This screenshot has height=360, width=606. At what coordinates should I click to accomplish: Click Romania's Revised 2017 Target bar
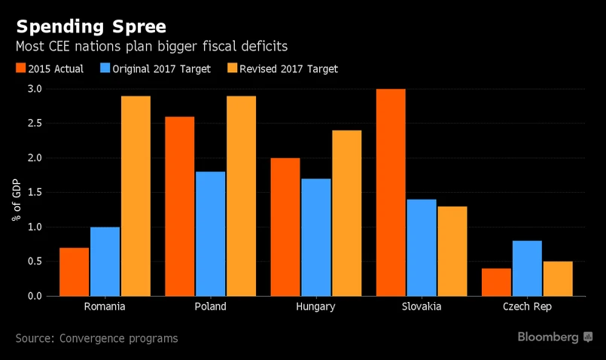[x=136, y=196]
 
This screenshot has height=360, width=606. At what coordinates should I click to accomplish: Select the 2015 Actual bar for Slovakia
[x=391, y=192]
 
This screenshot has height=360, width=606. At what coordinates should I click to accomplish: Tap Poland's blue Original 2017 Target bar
[x=210, y=233]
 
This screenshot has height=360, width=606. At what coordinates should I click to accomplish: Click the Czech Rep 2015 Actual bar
[x=496, y=282]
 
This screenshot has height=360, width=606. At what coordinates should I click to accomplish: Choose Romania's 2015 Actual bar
[x=75, y=271]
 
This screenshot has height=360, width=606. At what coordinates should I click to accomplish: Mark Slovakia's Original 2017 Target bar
[x=421, y=247]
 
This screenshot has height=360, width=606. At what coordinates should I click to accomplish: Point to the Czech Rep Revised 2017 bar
[x=557, y=279]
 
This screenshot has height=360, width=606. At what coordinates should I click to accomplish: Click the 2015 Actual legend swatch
[x=21, y=69]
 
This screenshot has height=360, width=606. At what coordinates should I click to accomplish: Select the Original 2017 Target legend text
[x=161, y=69]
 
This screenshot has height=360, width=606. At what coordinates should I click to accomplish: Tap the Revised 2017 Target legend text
[x=288, y=69]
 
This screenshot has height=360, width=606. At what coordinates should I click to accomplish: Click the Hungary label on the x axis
[x=315, y=307]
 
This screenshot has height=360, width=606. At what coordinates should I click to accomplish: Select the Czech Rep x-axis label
[x=526, y=307]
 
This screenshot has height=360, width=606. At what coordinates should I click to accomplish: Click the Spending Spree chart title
[x=90, y=27]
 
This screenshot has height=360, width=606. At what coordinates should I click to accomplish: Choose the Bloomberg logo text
[x=548, y=337]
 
